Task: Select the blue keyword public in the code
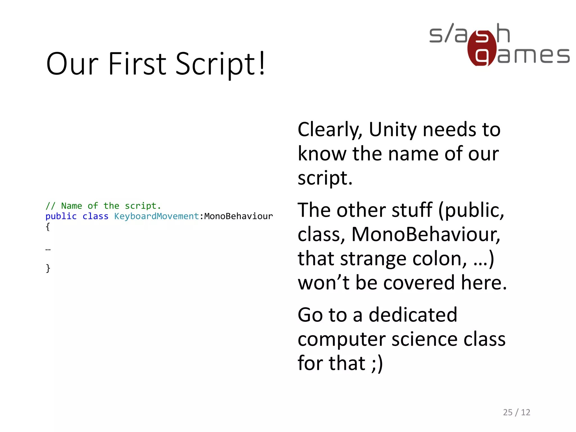pos(61,216)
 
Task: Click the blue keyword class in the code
pos(95,216)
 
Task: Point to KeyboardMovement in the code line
pos(156,216)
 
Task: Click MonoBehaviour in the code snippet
pos(238,216)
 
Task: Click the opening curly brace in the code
pos(48,227)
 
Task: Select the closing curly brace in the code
pos(48,268)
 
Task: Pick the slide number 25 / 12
pos(516,412)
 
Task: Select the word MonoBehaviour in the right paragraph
pos(426,234)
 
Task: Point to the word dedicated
pos(413,315)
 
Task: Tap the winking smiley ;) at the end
pos(377,363)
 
